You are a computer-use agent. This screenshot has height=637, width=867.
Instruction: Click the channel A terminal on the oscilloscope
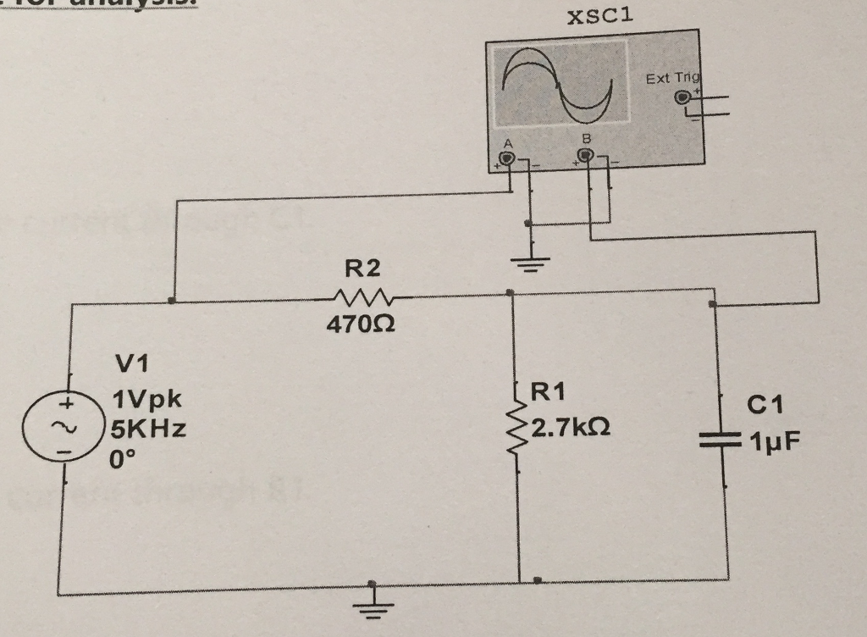pyautogui.click(x=507, y=158)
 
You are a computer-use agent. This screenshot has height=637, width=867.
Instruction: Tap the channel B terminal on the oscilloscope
pyautogui.click(x=584, y=157)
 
